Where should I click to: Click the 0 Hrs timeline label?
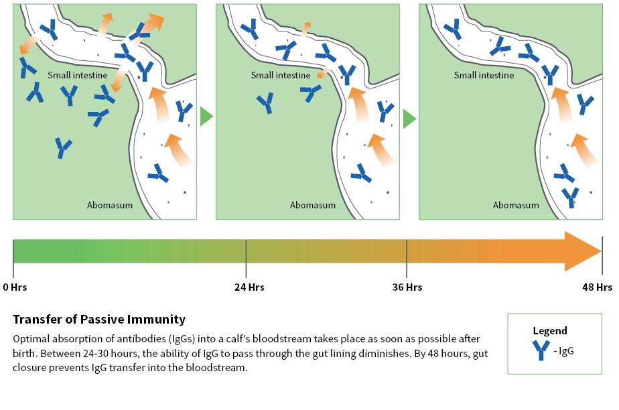click(15, 287)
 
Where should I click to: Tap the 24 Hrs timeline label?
click(249, 287)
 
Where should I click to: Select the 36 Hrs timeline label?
click(407, 287)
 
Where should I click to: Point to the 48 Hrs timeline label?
click(598, 287)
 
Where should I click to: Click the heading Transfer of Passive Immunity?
click(99, 320)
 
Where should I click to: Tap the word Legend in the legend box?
click(549, 330)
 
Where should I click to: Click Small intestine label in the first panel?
click(78, 75)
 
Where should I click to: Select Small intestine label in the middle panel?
click(281, 75)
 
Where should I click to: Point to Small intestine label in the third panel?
click(484, 75)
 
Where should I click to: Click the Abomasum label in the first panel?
click(110, 205)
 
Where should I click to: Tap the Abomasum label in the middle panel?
click(313, 205)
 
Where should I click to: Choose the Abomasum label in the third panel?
click(516, 205)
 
